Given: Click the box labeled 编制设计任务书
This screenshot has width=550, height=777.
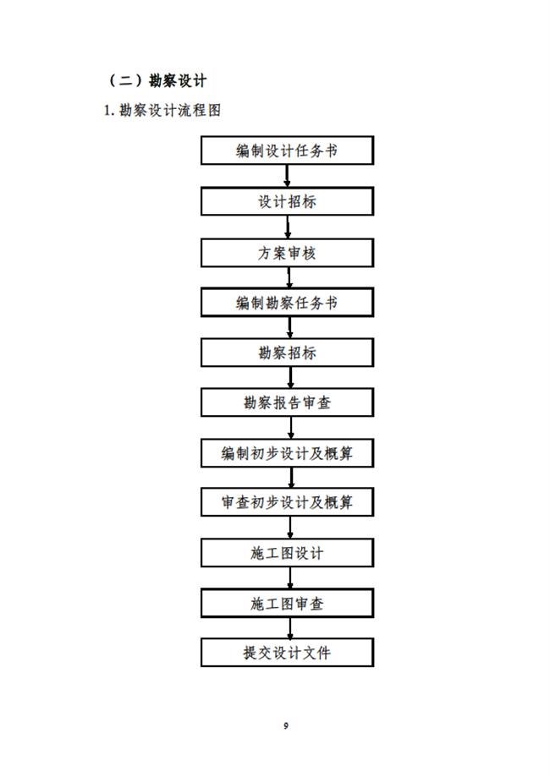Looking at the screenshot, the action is point(287,150).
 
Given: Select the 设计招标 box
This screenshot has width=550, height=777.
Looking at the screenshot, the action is point(287,201).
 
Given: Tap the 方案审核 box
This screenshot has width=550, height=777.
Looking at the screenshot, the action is point(287,253).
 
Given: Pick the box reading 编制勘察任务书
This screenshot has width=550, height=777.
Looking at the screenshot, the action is point(287,303).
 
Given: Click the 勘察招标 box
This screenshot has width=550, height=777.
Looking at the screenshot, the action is point(287,353).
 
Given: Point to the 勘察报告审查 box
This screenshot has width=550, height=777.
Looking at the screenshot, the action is point(287,402).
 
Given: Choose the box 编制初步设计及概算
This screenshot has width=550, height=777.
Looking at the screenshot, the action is point(287,453).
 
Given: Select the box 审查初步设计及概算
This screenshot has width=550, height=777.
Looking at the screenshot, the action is point(287,502).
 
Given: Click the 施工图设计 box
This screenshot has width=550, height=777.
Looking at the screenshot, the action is point(287,552).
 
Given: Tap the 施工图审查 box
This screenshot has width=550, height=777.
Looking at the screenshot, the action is point(287,603).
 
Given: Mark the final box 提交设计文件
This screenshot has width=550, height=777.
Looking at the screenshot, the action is point(287,652).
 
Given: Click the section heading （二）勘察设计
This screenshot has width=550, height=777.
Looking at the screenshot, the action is point(157,80).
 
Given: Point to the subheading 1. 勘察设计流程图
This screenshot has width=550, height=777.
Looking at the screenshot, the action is point(162,110).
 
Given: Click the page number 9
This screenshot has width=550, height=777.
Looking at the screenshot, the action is point(286,725).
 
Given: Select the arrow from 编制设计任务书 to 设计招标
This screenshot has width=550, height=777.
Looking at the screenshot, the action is point(287,176).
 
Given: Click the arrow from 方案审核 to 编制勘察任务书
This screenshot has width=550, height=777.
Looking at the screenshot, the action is point(289,277).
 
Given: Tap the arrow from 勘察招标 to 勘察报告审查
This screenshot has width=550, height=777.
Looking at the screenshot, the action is point(290,378).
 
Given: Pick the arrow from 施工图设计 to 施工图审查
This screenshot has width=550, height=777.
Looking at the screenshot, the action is point(290,577).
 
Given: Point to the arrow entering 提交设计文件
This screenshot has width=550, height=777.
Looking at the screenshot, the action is point(290,628).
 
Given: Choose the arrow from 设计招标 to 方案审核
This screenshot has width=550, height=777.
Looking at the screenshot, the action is point(288,227).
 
